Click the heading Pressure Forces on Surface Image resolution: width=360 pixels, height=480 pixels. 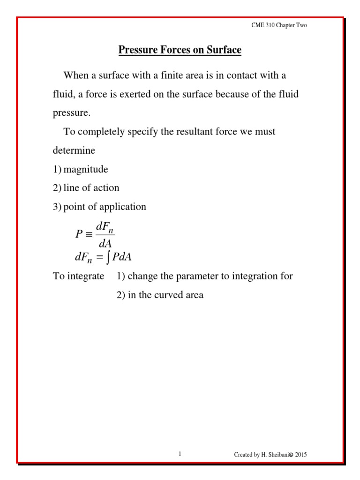[180, 50]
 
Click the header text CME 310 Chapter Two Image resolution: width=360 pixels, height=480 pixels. [279, 25]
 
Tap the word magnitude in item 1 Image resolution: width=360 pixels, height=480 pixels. [86, 169]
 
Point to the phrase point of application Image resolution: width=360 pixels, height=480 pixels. [105, 207]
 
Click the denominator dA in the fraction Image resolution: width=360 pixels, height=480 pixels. [105, 243]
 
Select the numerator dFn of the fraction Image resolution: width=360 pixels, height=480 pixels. [105, 226]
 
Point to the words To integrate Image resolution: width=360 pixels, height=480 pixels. [78, 276]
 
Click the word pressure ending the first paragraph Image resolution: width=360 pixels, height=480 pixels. [71, 113]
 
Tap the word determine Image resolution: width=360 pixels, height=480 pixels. [74, 150]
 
